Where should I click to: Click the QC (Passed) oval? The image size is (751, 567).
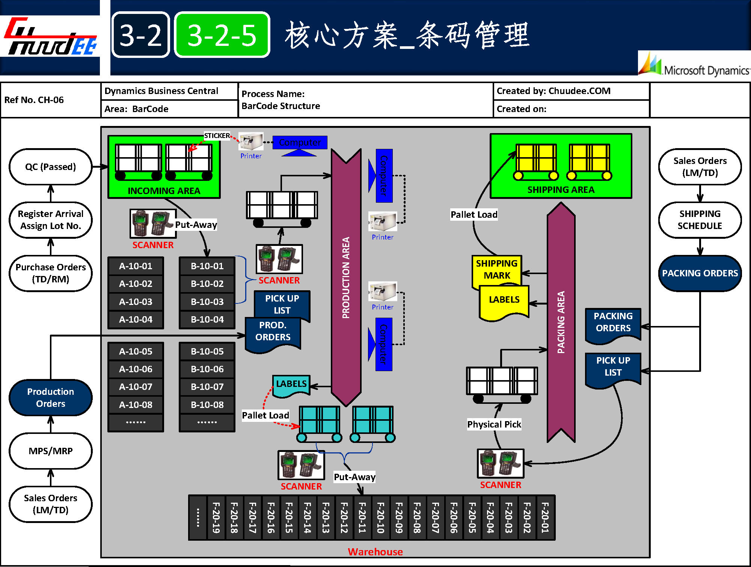tap(50, 167)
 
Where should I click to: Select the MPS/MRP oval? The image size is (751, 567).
tap(50, 451)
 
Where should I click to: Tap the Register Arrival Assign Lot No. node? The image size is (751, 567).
tap(50, 220)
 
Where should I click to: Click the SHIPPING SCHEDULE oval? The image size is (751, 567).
tap(700, 220)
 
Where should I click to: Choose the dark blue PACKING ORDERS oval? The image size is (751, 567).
tap(700, 273)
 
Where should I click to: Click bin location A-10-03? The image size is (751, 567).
tap(136, 302)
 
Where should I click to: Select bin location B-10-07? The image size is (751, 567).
tap(207, 387)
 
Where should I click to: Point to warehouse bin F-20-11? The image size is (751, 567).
tap(362, 517)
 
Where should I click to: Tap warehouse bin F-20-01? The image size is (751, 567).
tap(545, 517)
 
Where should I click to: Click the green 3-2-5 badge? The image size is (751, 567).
tap(222, 35)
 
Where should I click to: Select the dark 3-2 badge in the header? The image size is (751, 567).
tap(141, 35)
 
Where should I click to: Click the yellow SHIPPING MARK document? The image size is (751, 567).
tap(496, 270)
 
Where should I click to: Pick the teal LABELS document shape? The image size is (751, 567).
tap(291, 385)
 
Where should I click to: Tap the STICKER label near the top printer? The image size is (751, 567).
tap(217, 136)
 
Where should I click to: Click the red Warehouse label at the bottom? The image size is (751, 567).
tap(375, 552)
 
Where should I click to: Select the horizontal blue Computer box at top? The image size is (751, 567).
tap(300, 143)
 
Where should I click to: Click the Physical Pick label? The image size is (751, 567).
tap(494, 424)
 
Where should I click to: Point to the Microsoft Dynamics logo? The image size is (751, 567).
tap(695, 66)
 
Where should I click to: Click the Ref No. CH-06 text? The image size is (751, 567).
tap(34, 100)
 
